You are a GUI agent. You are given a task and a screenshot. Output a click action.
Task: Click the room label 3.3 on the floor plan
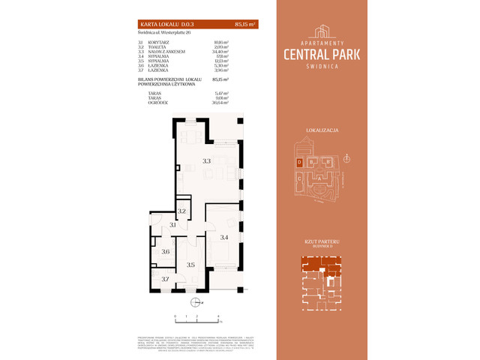tap(206, 160)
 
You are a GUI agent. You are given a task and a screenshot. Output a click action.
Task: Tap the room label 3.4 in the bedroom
tap(223, 238)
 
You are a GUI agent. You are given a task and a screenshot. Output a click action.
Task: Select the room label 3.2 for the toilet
tap(181, 212)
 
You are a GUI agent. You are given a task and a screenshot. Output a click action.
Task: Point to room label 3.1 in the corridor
tap(172, 225)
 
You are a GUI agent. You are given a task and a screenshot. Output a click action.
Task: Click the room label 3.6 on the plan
tap(165, 252)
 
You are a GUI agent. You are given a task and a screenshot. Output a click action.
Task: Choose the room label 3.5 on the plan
tap(190, 265)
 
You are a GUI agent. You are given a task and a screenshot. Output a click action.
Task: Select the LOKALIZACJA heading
tap(322, 130)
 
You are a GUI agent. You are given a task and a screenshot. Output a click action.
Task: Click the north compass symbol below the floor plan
tap(195, 303)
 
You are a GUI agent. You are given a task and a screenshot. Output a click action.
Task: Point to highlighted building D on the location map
tap(299, 162)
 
